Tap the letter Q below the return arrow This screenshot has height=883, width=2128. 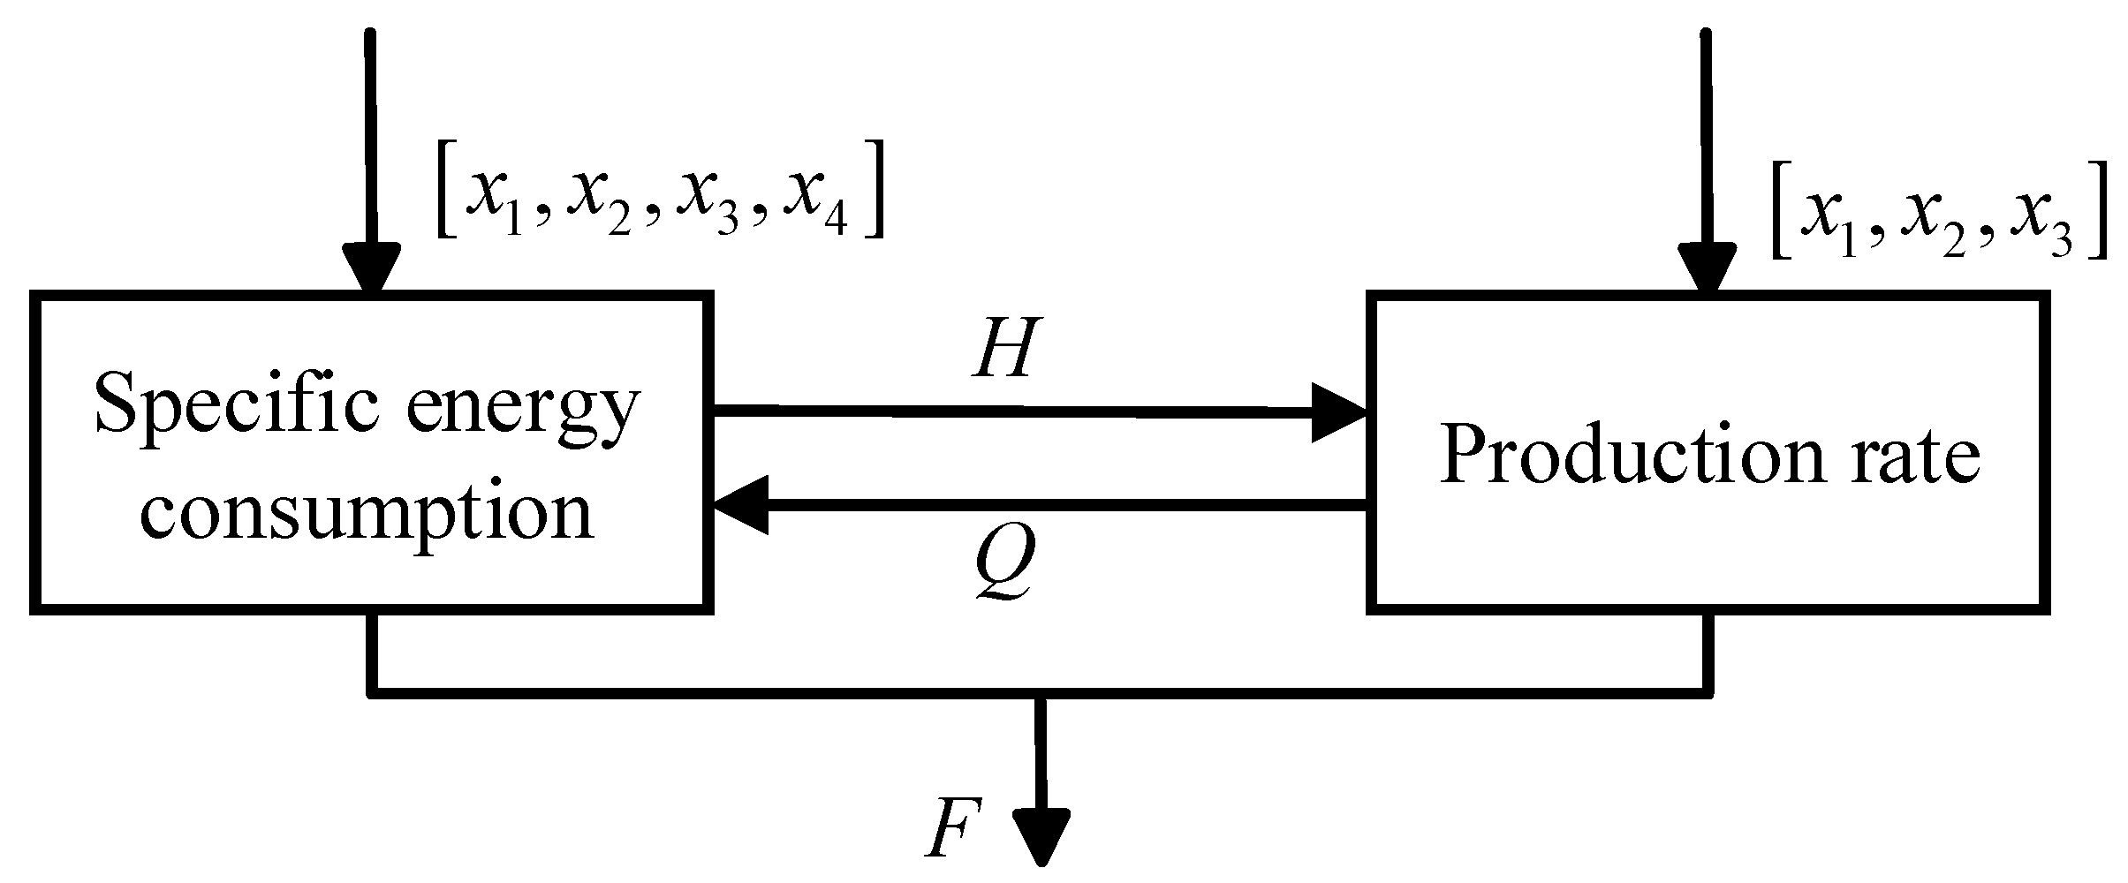(x=1003, y=567)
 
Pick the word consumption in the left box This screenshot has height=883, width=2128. (x=366, y=513)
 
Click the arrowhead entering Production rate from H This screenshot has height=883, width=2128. (x=1339, y=411)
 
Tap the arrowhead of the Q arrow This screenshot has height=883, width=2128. (x=740, y=505)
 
